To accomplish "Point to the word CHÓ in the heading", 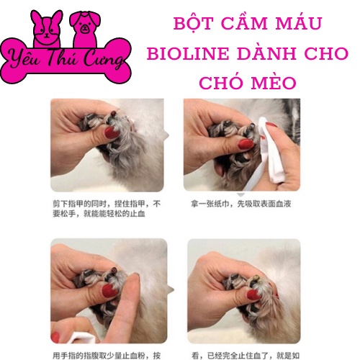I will click(x=224, y=84).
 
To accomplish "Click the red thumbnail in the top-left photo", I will click(x=112, y=132).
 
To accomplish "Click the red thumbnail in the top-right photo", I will click(x=245, y=143).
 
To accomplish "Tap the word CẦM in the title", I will click(x=242, y=23).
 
